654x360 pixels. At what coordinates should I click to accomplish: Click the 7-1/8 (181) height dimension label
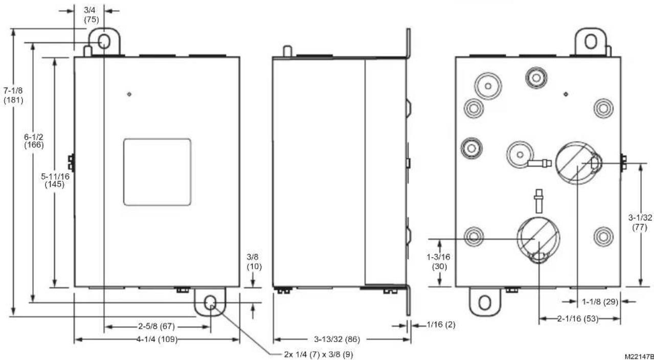pyautogui.click(x=13, y=95)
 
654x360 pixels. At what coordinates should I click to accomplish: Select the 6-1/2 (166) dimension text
pyautogui.click(x=34, y=141)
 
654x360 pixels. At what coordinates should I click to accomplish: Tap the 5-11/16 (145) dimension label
pyautogui.click(x=55, y=180)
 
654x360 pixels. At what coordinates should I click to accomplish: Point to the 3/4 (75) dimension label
pyautogui.click(x=91, y=15)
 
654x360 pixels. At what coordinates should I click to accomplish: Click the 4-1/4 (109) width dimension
pyautogui.click(x=157, y=339)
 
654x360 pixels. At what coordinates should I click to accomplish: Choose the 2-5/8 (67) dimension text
pyautogui.click(x=156, y=326)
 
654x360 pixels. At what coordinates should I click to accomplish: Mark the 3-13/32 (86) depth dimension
pyautogui.click(x=337, y=339)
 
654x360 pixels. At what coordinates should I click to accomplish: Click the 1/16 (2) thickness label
pyautogui.click(x=441, y=324)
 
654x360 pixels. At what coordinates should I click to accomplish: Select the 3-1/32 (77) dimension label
pyautogui.click(x=640, y=222)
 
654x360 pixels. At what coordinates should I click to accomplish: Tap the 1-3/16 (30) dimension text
pyautogui.click(x=439, y=262)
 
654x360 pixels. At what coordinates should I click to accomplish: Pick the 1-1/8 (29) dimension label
pyautogui.click(x=600, y=302)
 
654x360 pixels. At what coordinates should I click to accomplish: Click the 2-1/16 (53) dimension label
pyautogui.click(x=578, y=319)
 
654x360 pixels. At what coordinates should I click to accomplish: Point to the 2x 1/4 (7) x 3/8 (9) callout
pyautogui.click(x=319, y=354)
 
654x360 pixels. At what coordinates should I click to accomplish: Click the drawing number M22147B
pyautogui.click(x=639, y=356)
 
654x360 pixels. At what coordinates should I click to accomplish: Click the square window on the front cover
pyautogui.click(x=157, y=172)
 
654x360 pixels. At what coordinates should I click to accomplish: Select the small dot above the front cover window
pyautogui.click(x=129, y=94)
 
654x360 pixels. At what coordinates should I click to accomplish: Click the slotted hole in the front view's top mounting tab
pyautogui.click(x=104, y=41)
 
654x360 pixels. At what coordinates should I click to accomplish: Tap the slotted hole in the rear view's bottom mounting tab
pyautogui.click(x=485, y=303)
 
